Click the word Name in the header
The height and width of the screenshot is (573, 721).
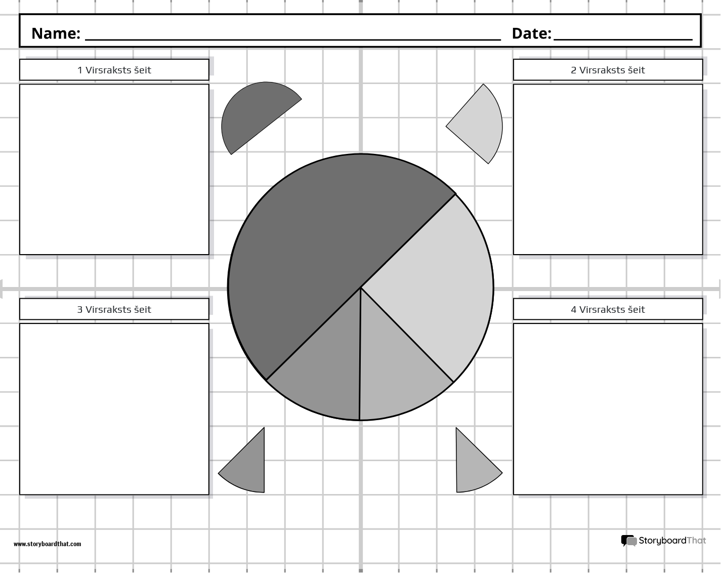[56, 33]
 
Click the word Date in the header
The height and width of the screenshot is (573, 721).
[531, 33]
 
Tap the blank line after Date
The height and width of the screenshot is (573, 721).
[622, 36]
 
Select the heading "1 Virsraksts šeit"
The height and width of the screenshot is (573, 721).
[114, 70]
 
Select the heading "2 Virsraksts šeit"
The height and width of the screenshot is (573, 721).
[608, 70]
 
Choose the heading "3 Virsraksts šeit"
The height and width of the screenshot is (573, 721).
[114, 309]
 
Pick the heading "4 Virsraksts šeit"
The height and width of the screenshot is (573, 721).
[608, 309]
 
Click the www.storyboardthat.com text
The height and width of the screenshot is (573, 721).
[47, 544]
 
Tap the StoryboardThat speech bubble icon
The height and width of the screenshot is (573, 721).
[628, 541]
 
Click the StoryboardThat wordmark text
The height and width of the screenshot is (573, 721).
[672, 541]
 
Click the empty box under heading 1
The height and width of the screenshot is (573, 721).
[114, 170]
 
